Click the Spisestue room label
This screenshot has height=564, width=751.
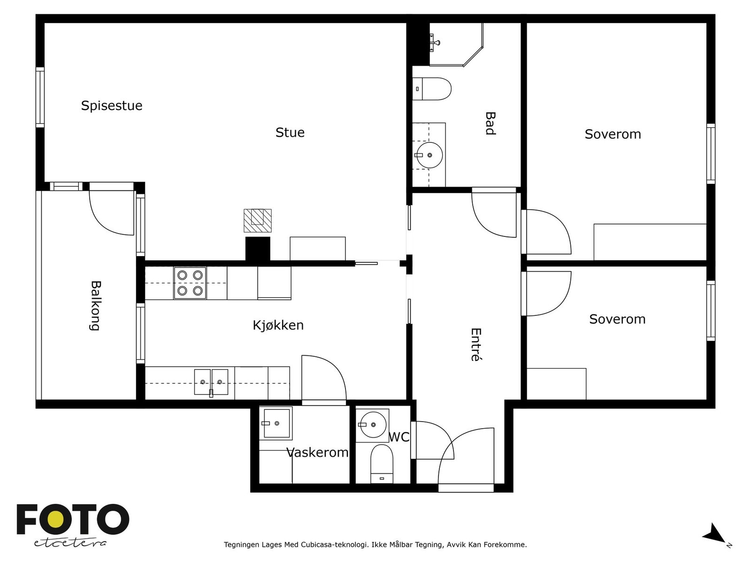pyautogui.click(x=112, y=105)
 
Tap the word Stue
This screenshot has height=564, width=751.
pyautogui.click(x=290, y=133)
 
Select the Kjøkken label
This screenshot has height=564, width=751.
pyautogui.click(x=278, y=325)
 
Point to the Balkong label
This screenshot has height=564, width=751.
pyautogui.click(x=95, y=306)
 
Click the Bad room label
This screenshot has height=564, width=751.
pyautogui.click(x=490, y=123)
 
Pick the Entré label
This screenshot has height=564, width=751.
pyautogui.click(x=476, y=345)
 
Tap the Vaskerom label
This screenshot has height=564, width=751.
pyautogui.click(x=317, y=452)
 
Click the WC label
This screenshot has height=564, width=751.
pyautogui.click(x=399, y=437)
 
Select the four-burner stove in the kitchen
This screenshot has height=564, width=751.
pyautogui.click(x=190, y=283)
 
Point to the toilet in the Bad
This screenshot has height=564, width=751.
pyautogui.click(x=432, y=89)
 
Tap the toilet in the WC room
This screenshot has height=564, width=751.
pyautogui.click(x=382, y=464)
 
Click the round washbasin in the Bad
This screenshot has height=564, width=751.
pyautogui.click(x=429, y=155)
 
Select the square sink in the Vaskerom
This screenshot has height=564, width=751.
pyautogui.click(x=276, y=423)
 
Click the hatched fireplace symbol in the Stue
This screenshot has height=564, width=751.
pyautogui.click(x=258, y=220)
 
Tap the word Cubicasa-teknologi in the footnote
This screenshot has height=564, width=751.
pyautogui.click(x=334, y=544)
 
